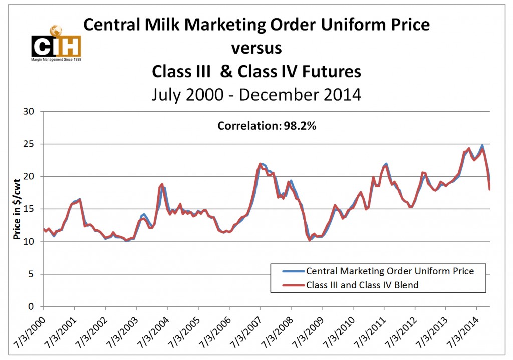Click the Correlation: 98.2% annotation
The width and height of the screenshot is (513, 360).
coord(267,126)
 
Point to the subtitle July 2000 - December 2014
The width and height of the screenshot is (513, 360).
coord(256,94)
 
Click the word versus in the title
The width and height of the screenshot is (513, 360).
coord(256,49)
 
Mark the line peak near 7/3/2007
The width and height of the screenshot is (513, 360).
coord(260,163)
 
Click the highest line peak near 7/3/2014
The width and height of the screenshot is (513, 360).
coord(482,146)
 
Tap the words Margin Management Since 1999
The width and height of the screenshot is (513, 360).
coord(56,59)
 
